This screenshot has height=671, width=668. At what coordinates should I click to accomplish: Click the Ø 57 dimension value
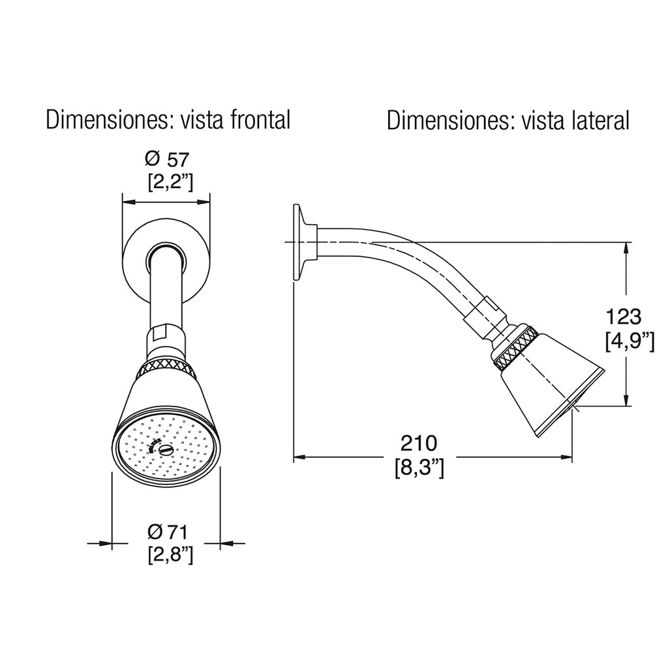pyautogui.click(x=167, y=159)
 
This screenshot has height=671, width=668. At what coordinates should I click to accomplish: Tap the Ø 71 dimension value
pyautogui.click(x=168, y=533)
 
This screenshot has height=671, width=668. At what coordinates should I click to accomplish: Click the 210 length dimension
pyautogui.click(x=419, y=443)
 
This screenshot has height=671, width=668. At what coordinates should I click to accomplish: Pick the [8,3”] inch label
pyautogui.click(x=419, y=468)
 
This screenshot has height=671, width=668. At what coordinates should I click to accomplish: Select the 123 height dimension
pyautogui.click(x=624, y=317)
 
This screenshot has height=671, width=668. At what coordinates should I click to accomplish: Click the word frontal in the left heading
pyautogui.click(x=260, y=119)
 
